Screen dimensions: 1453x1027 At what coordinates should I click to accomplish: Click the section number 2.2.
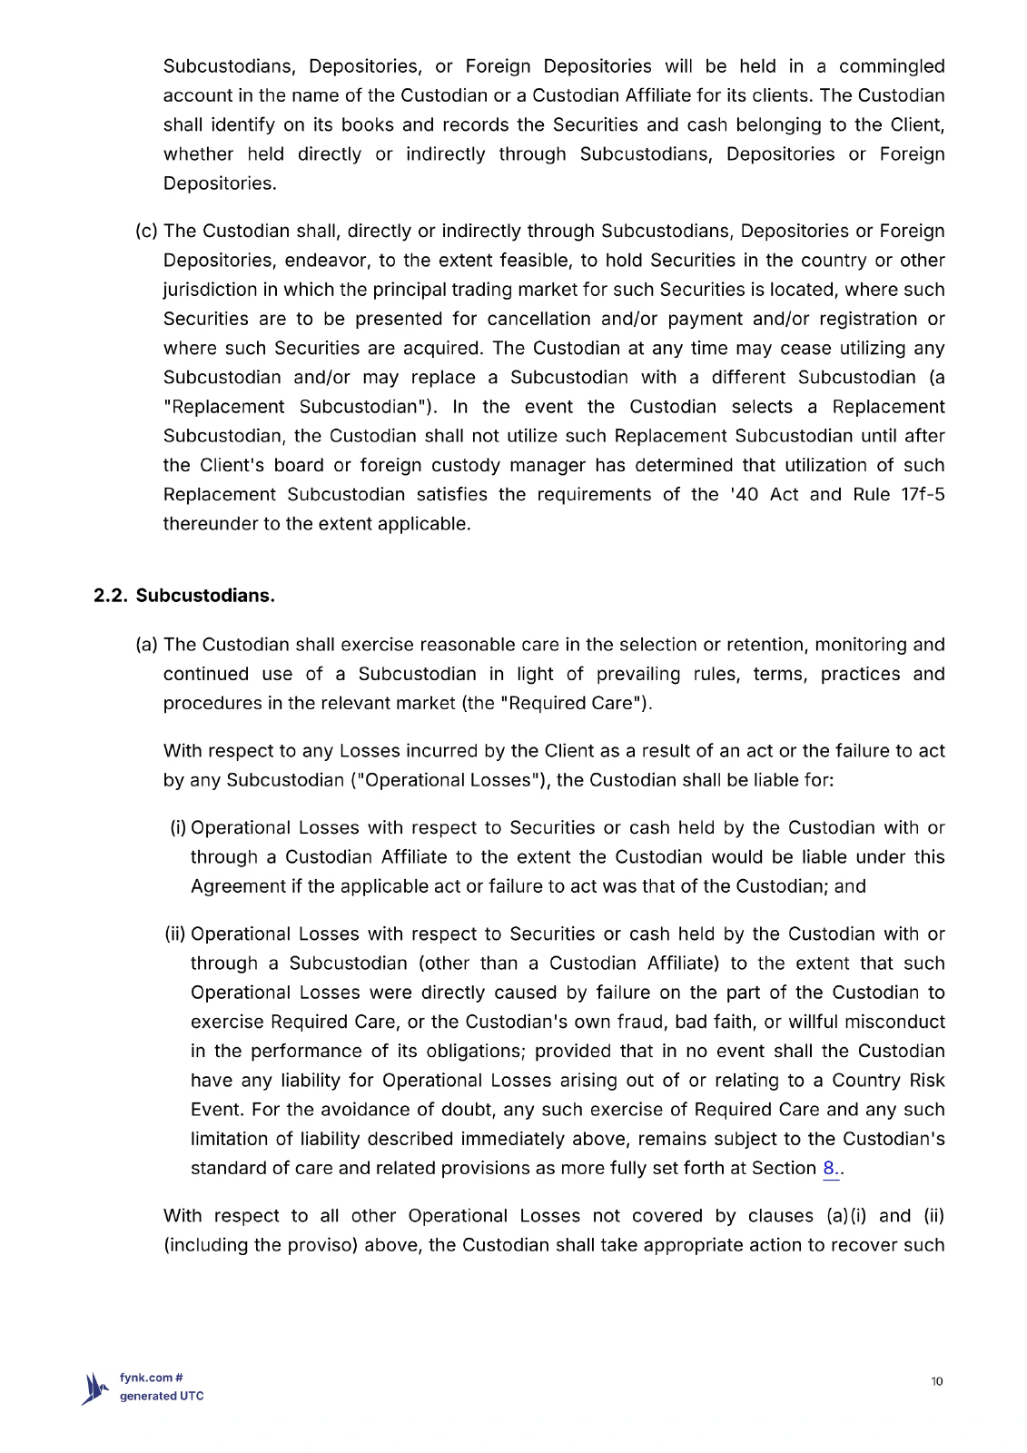[111, 596]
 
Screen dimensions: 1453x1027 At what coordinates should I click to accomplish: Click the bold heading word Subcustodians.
[205, 596]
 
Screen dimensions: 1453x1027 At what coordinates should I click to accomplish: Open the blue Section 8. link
[831, 1169]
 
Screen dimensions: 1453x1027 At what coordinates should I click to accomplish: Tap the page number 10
[937, 1381]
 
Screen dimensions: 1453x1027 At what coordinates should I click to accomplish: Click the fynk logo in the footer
[95, 1389]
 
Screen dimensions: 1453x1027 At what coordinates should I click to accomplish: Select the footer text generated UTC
[162, 1397]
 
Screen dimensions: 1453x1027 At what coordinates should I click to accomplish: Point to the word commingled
[892, 66]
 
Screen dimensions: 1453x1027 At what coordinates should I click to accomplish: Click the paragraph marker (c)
[146, 232]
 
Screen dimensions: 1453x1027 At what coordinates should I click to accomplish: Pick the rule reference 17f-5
[923, 495]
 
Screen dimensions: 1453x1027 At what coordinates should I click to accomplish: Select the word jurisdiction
[208, 290]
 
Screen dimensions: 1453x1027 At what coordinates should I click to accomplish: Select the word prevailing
[638, 674]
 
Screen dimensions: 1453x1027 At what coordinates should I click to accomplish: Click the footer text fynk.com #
[152, 1378]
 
